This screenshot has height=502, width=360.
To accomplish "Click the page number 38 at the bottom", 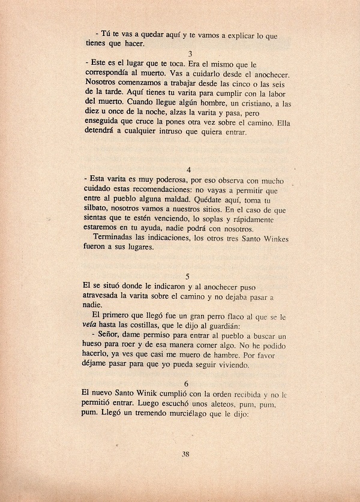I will click(x=185, y=453).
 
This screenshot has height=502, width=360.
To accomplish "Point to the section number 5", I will click(x=188, y=276).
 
